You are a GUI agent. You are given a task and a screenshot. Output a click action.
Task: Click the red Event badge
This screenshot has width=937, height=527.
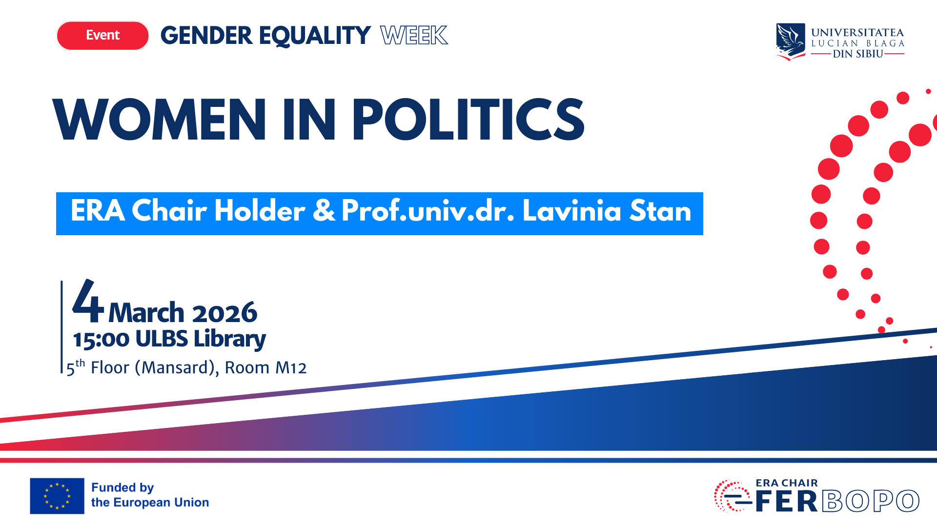coord(102,36)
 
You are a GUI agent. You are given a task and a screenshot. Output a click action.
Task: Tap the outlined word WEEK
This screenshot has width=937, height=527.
coord(414,36)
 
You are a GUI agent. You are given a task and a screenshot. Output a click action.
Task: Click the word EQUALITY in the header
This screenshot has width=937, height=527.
coord(314,36)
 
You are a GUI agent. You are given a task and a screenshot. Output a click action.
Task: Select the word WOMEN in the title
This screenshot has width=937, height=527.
coord(159,120)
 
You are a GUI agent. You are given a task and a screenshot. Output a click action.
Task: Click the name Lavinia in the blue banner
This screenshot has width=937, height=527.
coord(571,211)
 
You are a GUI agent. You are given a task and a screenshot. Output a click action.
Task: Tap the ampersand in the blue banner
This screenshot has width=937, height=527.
coord(324,211)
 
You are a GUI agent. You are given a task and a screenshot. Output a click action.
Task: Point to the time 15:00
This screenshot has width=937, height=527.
coord(101,339)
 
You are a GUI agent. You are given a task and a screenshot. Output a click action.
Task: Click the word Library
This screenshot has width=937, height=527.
coord(229,339)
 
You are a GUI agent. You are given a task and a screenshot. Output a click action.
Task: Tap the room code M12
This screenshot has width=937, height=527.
coord(291,368)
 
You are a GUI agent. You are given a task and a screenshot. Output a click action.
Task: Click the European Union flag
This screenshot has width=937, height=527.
coord(57,496)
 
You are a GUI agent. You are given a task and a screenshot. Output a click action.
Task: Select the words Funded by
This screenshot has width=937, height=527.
coord(122,487)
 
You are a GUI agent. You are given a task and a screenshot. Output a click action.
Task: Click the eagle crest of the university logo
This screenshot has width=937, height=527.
coord(791,41)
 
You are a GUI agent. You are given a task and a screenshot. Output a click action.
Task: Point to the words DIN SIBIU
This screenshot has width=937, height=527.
coord(857,54)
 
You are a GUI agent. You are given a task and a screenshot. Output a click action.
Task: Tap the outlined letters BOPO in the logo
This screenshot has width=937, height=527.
coord(871,501)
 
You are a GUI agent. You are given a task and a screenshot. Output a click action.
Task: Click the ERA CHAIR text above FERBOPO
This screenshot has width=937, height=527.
coord(787,483)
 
